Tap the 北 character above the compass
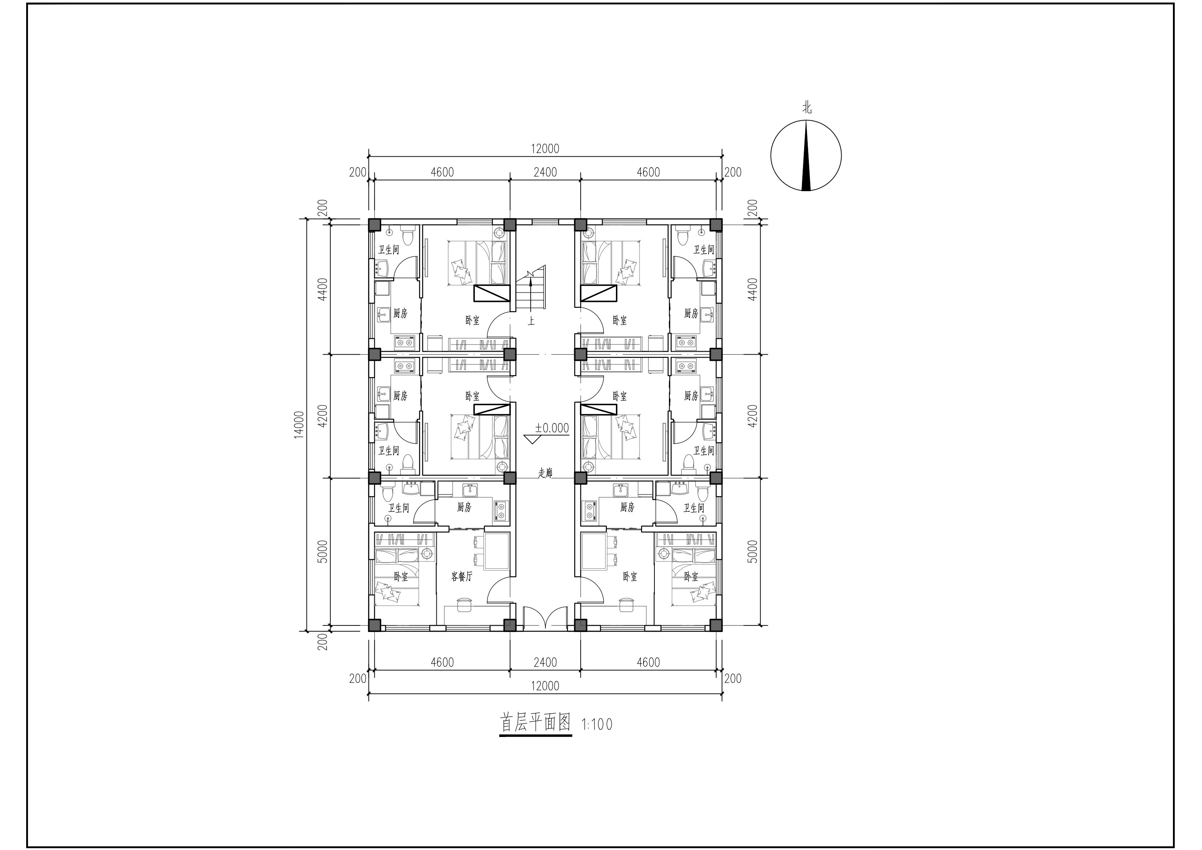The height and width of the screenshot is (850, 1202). point(807,108)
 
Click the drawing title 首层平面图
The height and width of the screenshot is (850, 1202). point(536,723)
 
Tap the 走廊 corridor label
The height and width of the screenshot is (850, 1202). point(545,472)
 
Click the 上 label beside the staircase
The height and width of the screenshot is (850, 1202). point(531,321)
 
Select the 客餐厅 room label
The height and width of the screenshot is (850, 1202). point(462,577)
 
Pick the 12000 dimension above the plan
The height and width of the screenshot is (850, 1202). point(545,149)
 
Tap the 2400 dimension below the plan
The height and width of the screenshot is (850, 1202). point(545,662)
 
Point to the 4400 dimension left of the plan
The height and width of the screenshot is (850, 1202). point(323,289)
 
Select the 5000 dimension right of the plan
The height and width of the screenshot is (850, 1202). point(752,552)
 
